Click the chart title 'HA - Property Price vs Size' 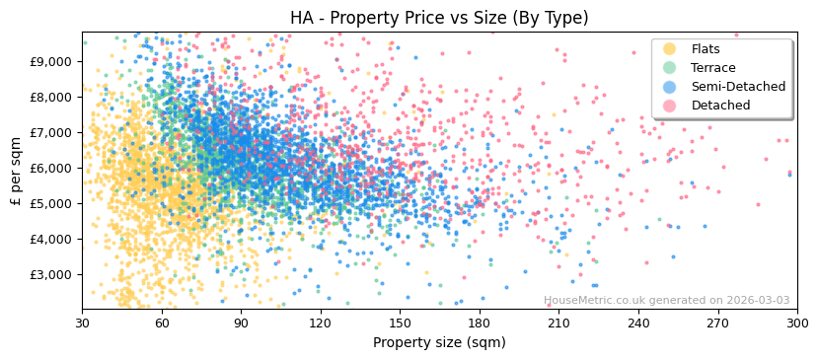pos(439,18)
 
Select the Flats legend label pos(706,49)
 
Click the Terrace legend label pos(713,68)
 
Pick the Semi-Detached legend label pos(738,87)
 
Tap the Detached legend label pos(720,106)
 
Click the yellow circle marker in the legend pos(669,49)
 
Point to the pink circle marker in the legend pos(669,106)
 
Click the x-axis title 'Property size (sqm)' pos(439,343)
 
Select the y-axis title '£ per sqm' pos(16,171)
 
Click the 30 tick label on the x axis pos(82,323)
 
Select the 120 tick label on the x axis pos(321,323)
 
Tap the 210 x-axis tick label pos(558,323)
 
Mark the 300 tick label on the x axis pos(796,323)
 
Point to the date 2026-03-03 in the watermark pos(757,301)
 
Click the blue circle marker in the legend pos(669,87)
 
